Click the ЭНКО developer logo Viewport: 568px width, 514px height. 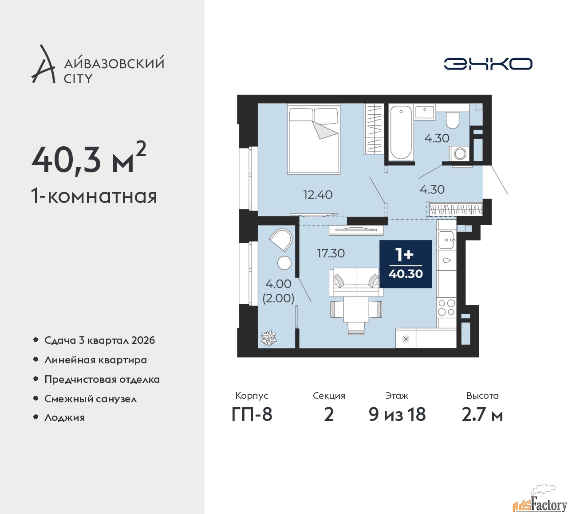(488, 64)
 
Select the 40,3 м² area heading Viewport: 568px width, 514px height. (88, 159)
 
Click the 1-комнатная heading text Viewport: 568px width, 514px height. (94, 196)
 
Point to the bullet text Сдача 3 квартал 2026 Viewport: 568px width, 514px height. (99, 340)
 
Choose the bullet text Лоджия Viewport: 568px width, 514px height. (64, 417)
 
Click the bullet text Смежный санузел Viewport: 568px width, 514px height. (91, 398)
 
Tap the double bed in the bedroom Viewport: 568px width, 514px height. (314, 139)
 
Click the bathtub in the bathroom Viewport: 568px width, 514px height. (401, 131)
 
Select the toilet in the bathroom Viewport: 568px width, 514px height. (453, 119)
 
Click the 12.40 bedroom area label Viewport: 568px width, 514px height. (318, 195)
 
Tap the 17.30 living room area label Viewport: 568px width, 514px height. (331, 253)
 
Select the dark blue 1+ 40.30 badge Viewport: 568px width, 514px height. (406, 264)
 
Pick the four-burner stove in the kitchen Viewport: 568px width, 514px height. (446, 308)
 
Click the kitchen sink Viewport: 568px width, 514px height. (446, 240)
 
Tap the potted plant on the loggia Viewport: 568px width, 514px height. (268, 338)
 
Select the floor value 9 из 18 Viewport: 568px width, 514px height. (397, 415)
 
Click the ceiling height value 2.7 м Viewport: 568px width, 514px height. (482, 415)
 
